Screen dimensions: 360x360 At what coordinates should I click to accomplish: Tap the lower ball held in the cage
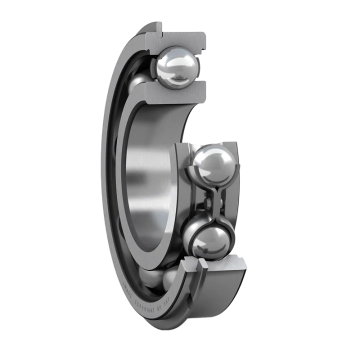(212, 241)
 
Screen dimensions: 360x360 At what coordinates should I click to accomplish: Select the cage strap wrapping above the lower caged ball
(212, 217)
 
